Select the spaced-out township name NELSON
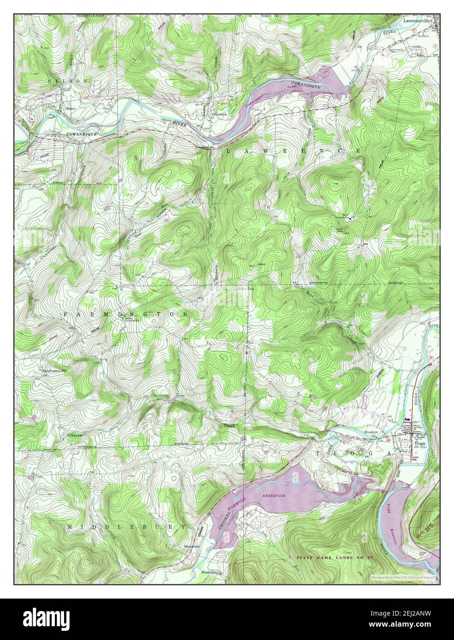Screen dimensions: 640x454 [67, 81]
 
